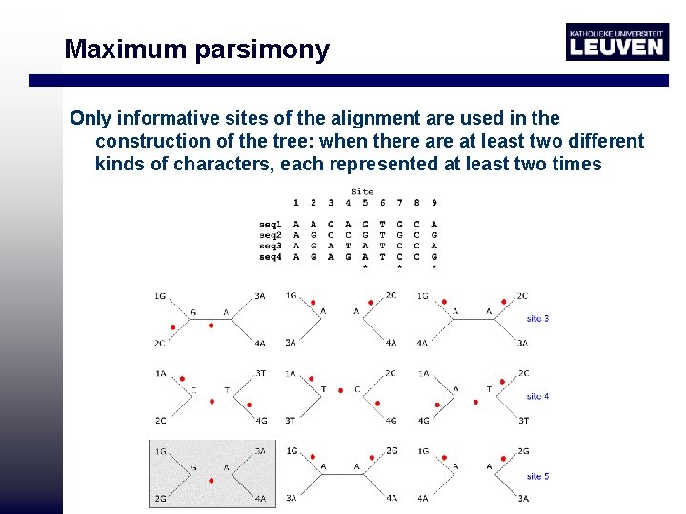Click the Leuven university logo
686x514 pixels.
pos(616,42)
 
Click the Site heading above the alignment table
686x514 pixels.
pos(362,191)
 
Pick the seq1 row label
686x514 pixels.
pos(271,224)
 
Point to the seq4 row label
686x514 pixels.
pos(271,256)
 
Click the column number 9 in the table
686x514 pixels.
pos(434,203)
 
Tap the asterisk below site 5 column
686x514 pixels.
pos(365,267)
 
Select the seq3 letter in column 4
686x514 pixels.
pos(348,246)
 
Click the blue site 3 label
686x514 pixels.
pos(537,319)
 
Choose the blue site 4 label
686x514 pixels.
pos(537,396)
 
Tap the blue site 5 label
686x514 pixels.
pos(537,476)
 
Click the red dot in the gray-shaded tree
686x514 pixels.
pos(210,481)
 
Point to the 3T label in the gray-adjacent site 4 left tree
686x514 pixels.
pos(260,373)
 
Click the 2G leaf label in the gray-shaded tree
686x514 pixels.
pos(161,498)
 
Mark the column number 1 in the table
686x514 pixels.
pos(295,203)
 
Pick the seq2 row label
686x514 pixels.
pos(271,234)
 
